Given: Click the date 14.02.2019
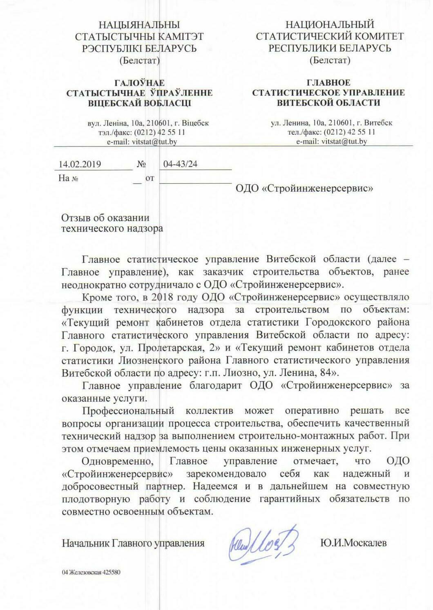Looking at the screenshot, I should (x=80, y=164).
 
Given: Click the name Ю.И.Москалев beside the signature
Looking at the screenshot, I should (x=353, y=543).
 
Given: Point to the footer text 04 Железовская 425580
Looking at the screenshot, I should (x=91, y=572).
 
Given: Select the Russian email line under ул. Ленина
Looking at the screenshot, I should (x=331, y=142).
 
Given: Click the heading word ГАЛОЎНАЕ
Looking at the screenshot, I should (x=140, y=83).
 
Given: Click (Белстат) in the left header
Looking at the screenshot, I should (x=139, y=61).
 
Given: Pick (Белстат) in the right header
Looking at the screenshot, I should (x=330, y=61).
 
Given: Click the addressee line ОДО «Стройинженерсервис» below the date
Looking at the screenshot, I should (x=305, y=188).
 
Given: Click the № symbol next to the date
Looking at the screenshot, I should (x=141, y=164).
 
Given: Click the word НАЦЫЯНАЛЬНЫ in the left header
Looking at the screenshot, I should (x=140, y=25).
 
